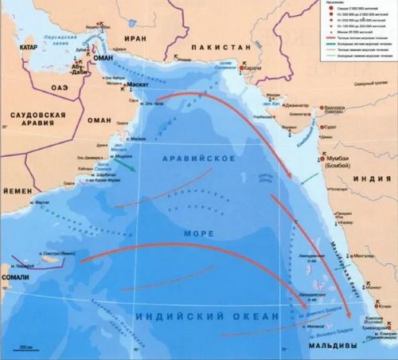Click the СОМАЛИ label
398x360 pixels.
pos(18,275)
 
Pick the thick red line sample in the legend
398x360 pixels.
pos(328,37)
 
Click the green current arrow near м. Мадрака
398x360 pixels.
pos(128,167)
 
